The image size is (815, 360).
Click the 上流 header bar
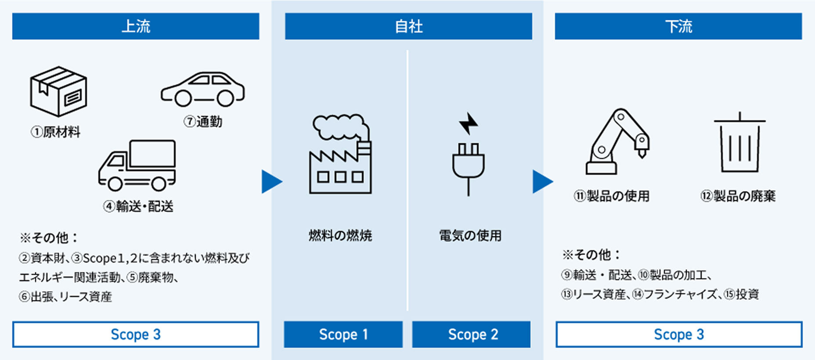[136, 26]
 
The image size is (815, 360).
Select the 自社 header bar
[408, 26]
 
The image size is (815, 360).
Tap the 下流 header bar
[678, 26]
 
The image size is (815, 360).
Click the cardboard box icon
[58, 91]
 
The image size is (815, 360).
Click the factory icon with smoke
[340, 155]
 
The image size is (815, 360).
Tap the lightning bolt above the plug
[468, 123]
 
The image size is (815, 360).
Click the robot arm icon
[617, 142]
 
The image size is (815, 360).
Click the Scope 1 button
[343, 335]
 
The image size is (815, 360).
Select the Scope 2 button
[471, 335]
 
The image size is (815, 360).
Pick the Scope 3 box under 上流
[136, 335]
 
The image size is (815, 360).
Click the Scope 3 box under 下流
[679, 335]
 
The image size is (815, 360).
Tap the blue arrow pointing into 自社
[271, 182]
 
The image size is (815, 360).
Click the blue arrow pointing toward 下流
[542, 182]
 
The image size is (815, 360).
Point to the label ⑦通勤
[203, 122]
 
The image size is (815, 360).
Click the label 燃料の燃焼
[340, 236]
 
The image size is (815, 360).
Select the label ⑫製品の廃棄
[738, 196]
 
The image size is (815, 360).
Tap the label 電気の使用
[470, 236]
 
